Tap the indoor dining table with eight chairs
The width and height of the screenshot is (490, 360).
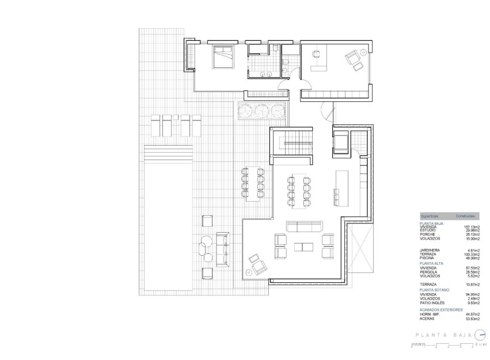coord(299,189)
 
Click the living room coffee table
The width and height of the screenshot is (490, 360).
coord(302,247)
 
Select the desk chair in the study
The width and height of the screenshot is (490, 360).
coord(316,54)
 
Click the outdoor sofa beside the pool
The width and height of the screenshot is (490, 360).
coord(222,248)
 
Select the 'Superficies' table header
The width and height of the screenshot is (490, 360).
coord(430,216)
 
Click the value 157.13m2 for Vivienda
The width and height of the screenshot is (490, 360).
coord(480,227)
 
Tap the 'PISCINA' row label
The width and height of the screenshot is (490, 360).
coord(428,258)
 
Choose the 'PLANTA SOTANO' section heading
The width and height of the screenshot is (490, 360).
coord(435,290)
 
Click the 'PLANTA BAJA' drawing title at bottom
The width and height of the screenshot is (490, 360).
coord(442,335)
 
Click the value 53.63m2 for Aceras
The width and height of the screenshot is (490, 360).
coord(480,317)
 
